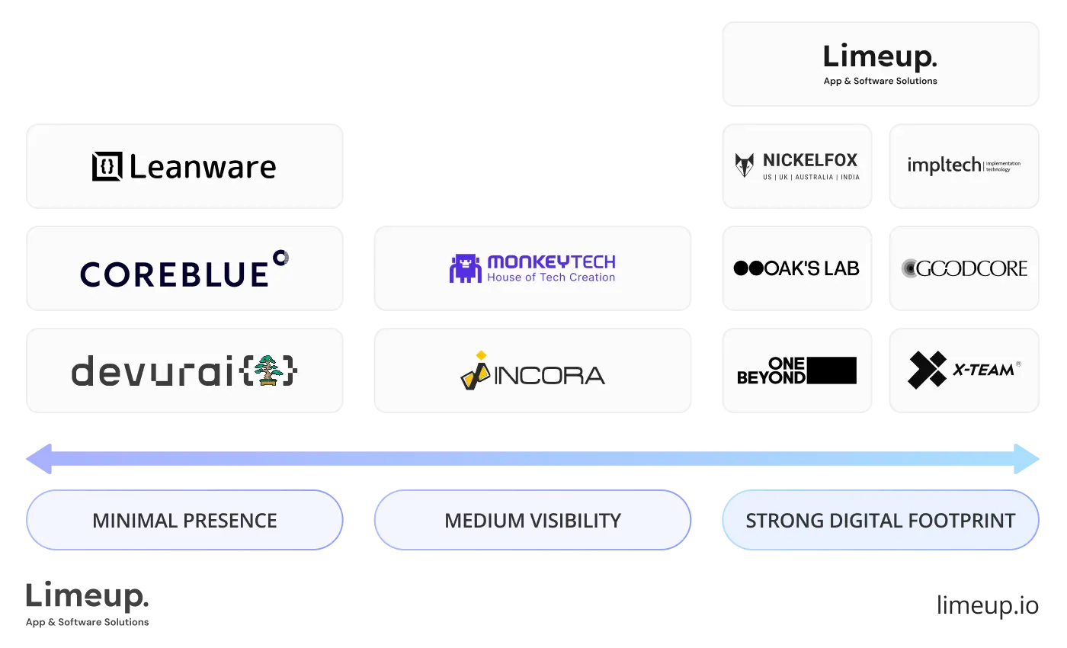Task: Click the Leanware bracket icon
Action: [107, 167]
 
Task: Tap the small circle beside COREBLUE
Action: [280, 257]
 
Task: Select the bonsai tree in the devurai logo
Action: [268, 371]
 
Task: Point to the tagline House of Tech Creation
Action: [550, 277]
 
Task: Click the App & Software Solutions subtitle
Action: [880, 81]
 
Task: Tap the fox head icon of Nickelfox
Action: [744, 165]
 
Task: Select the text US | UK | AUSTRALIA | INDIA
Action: [811, 177]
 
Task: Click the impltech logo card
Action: [964, 165]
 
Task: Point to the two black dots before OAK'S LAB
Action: [748, 268]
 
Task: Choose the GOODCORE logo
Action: [964, 268]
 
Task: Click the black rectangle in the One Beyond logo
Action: [831, 371]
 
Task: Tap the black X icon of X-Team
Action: [927, 371]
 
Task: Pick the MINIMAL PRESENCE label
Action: [184, 521]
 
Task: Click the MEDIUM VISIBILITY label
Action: [533, 521]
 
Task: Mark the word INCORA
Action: [550, 375]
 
